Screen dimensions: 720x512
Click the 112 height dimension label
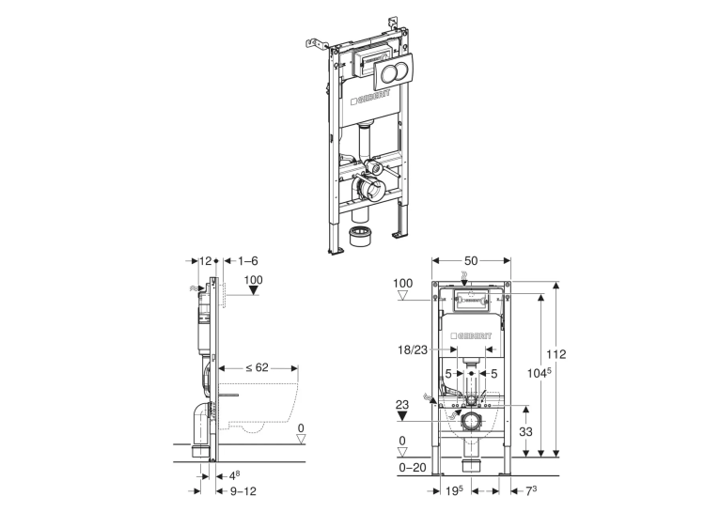[x=556, y=354]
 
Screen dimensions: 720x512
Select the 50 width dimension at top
[x=471, y=261]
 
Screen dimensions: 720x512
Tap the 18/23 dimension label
[x=413, y=350]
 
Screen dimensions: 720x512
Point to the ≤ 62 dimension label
[x=257, y=367]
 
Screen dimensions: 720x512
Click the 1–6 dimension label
[x=248, y=261]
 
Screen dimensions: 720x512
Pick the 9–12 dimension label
[x=243, y=491]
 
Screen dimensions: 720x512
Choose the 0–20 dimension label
[x=413, y=468]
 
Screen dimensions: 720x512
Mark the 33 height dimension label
[x=525, y=432]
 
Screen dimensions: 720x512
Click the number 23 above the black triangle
[x=401, y=405]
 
